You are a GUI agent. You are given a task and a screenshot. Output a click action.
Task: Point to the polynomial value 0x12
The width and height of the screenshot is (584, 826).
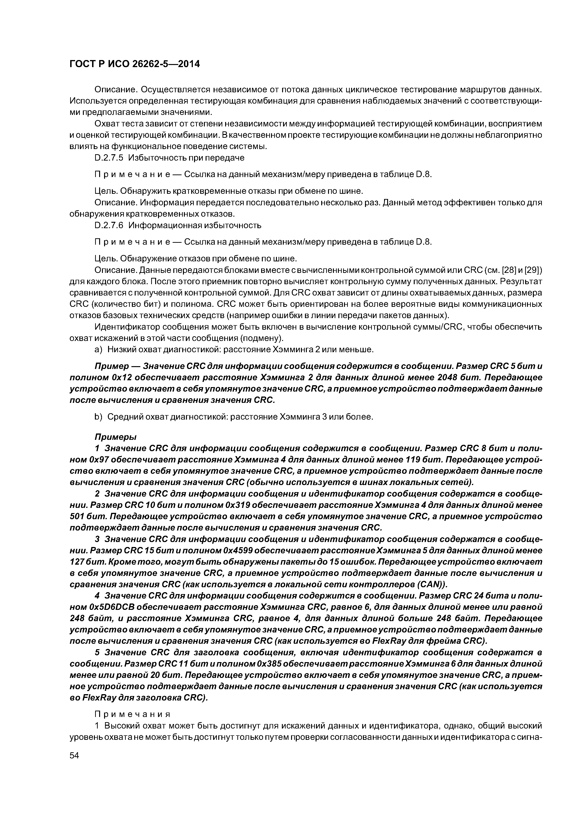(109, 377)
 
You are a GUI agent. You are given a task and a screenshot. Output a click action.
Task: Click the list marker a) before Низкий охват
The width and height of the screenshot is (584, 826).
(98, 349)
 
